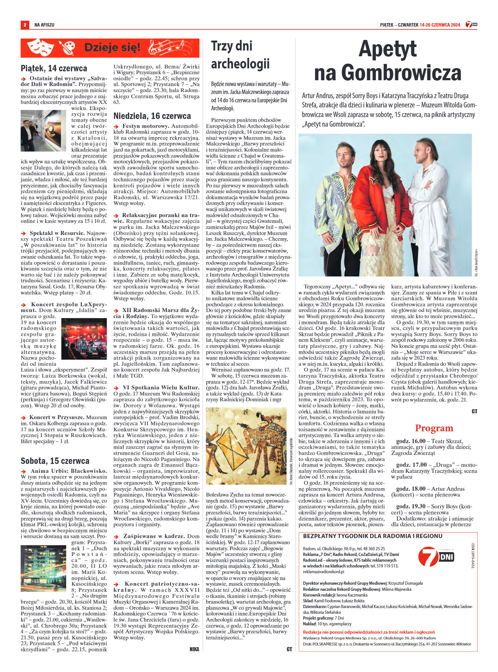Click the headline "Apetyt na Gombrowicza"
[387, 61]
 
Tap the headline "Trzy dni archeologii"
[240, 55]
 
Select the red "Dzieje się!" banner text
[112, 48]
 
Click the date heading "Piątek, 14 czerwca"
[54, 68]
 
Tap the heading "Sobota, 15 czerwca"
[55, 461]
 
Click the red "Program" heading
[434, 428]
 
